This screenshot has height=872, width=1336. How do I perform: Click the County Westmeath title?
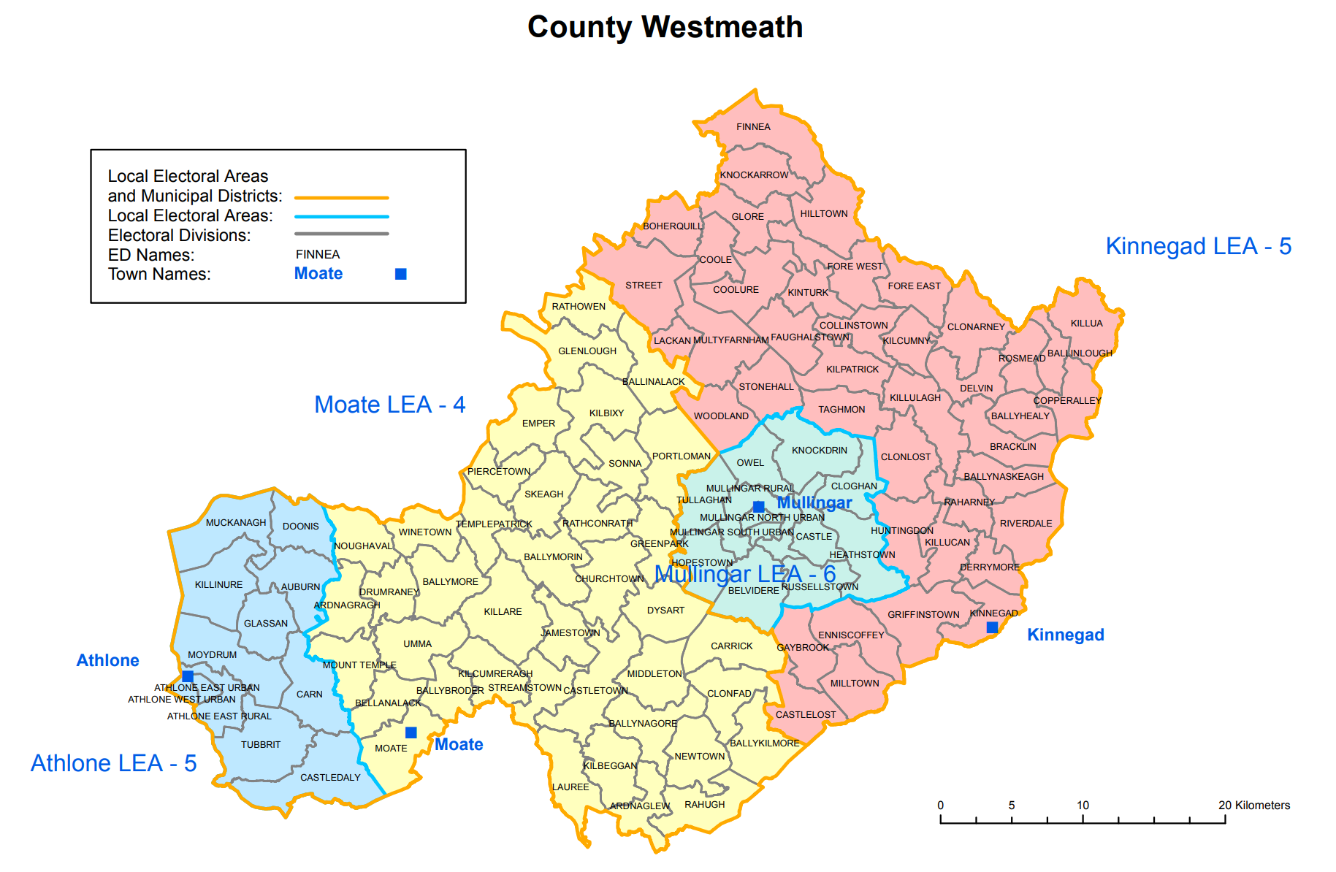coord(665,28)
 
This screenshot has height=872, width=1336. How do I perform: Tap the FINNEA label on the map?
coord(753,127)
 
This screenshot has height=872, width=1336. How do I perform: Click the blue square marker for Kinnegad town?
coord(992,627)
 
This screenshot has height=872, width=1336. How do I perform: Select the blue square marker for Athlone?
coord(188,676)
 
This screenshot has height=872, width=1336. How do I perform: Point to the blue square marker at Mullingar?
coord(759,506)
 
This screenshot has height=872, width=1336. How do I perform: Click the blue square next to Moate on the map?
coord(411,733)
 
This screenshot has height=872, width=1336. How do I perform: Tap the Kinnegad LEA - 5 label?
coord(1198,246)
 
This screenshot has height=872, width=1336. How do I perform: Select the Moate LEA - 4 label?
coord(389,405)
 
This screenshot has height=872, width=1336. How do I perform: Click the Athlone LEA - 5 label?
coord(113,763)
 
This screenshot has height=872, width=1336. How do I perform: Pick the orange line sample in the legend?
coord(341,197)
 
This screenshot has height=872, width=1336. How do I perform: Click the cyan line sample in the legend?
coord(341,217)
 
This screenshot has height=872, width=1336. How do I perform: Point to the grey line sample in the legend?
coord(341,234)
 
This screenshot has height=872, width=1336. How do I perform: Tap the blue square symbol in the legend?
coord(400,274)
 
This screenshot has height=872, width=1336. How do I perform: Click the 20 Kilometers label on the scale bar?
coord(1253,805)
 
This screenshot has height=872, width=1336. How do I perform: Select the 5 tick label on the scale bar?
coord(1012,805)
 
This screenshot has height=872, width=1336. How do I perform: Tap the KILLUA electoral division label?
coord(1086,324)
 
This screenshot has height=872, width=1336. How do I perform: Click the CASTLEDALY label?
coord(330,778)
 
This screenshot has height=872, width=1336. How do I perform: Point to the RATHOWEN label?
coord(579,307)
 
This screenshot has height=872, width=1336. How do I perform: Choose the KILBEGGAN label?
coord(610,766)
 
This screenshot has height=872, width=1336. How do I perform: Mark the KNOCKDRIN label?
coord(820,451)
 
